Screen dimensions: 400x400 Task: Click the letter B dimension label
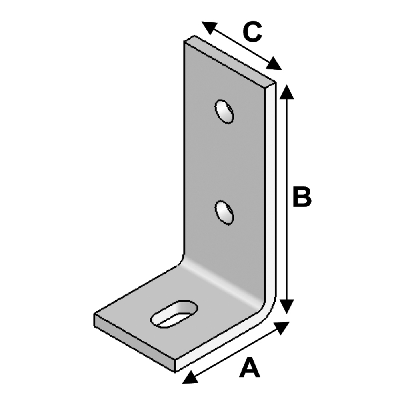302,197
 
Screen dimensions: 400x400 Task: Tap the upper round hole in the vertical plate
224,112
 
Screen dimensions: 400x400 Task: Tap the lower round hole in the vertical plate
224,212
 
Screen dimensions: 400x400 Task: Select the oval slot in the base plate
174,314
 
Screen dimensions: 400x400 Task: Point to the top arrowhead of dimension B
287,92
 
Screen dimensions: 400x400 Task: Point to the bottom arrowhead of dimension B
287,306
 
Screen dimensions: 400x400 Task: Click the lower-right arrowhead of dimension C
274,64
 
